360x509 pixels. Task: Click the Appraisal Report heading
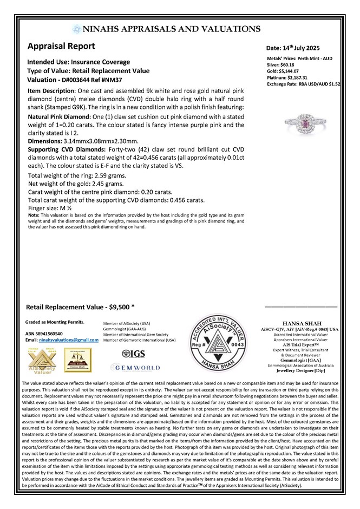pos(61,47)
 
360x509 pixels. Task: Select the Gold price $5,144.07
pos(292,71)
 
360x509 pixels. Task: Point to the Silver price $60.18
pos(294,65)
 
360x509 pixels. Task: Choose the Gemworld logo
pos(141,367)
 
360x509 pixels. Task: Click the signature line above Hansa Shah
pos(300,308)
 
